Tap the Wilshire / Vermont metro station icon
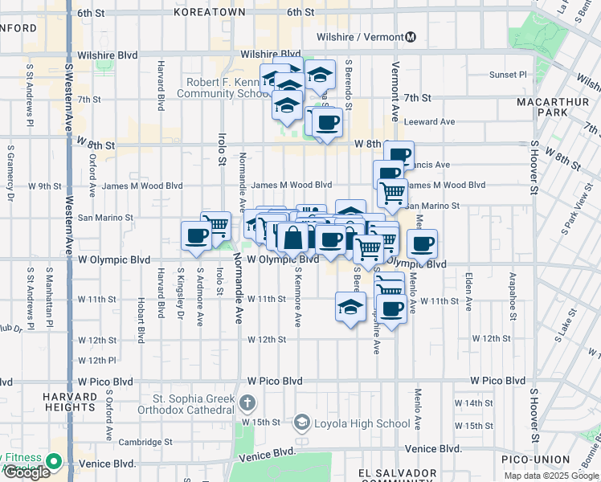click(411, 36)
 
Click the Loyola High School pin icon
click(301, 422)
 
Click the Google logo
click(26, 472)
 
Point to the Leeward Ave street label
click(430, 122)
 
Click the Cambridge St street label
click(145, 442)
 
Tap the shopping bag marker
click(295, 238)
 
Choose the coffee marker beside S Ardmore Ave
click(197, 235)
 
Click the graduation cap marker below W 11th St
click(350, 307)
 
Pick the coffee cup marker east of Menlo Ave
click(422, 243)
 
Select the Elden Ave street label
click(468, 286)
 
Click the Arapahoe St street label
click(511, 286)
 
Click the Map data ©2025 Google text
click(551, 476)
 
